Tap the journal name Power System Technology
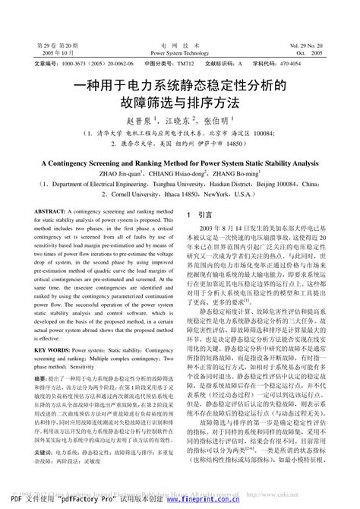[179, 54]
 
